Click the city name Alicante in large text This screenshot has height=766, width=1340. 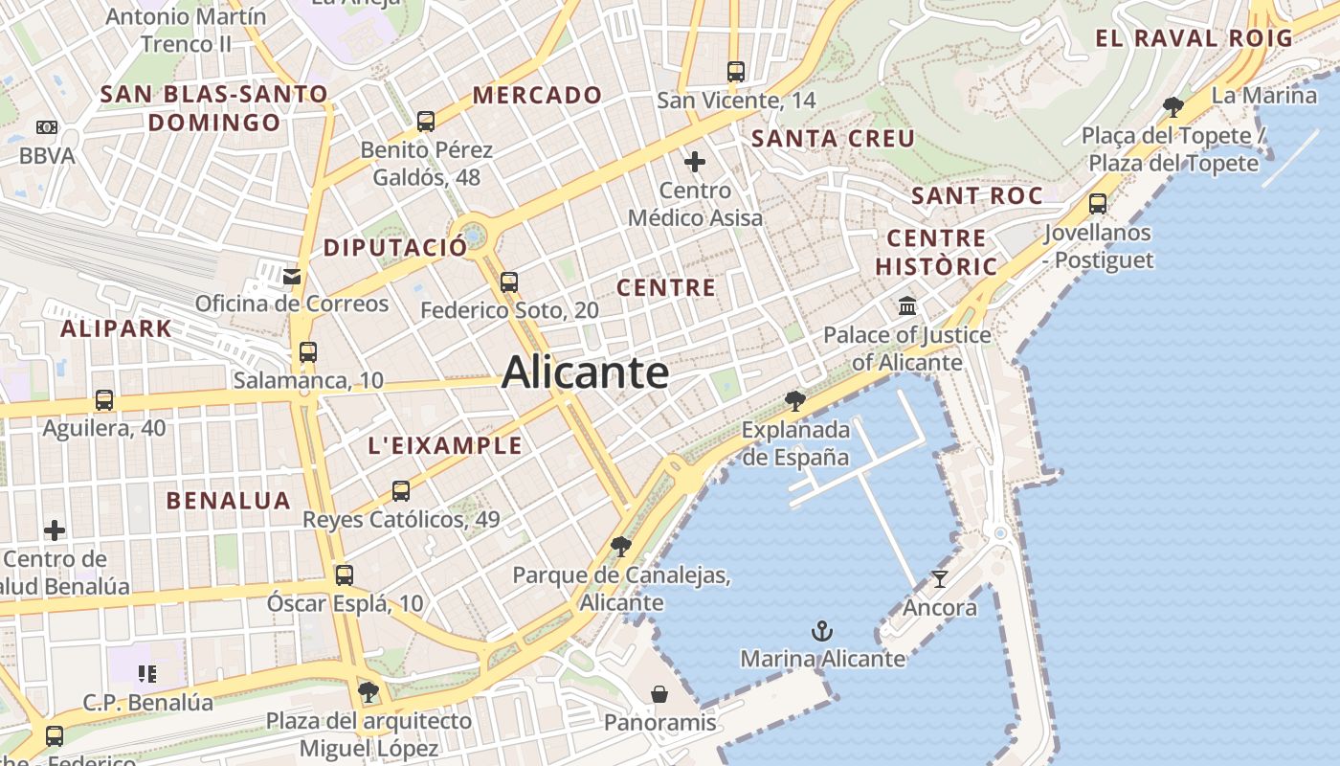click(585, 372)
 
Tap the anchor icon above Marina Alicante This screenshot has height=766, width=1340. click(822, 631)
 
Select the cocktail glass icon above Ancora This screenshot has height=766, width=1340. click(940, 579)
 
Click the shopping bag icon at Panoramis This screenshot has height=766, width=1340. click(659, 694)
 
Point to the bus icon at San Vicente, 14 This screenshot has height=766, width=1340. click(736, 72)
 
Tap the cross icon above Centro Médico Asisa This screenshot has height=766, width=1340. click(695, 162)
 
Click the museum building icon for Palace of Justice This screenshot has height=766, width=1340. click(907, 306)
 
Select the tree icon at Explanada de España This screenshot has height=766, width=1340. click(794, 400)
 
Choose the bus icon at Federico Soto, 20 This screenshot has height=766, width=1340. click(509, 282)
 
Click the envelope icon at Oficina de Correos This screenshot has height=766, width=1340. click(292, 277)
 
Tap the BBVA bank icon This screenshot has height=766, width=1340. click(47, 127)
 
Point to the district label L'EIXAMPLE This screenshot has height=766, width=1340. click(445, 445)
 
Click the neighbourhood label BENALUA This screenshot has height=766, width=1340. click(228, 500)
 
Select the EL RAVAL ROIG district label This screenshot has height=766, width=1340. click(1194, 38)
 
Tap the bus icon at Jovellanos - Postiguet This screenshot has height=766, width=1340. click(1098, 204)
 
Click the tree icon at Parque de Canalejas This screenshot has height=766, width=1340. click(621, 547)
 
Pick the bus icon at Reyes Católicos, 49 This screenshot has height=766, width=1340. click(401, 491)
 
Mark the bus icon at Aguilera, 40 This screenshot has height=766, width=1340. click(104, 400)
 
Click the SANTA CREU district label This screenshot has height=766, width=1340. click(833, 139)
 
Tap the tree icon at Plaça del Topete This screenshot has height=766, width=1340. click(1173, 106)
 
